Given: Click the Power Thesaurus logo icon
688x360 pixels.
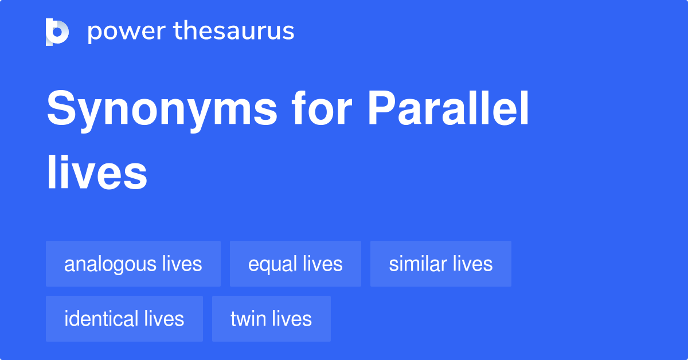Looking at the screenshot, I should (x=57, y=32).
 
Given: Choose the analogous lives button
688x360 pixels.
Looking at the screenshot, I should (x=133, y=264).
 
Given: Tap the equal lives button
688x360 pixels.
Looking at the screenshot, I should (x=295, y=264).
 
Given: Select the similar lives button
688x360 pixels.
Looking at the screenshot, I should (x=440, y=264).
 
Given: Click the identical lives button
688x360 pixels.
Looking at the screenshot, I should (x=124, y=319).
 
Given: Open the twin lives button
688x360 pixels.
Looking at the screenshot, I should (x=271, y=319).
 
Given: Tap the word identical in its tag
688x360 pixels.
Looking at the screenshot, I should (x=101, y=319).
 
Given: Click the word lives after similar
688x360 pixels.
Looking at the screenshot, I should (x=472, y=264).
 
